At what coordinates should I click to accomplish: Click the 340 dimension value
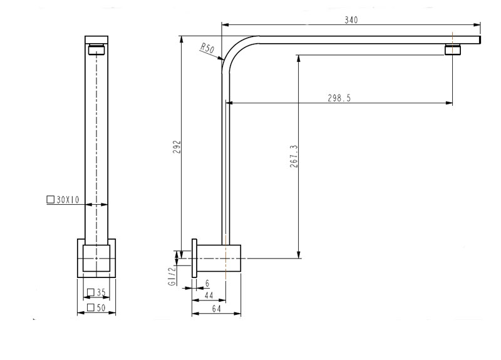351,20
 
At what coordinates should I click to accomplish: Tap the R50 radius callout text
207,48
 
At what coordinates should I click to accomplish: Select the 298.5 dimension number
339,98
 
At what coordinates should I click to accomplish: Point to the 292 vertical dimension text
177,147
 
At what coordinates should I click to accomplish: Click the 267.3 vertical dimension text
294,156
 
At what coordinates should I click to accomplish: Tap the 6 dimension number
207,284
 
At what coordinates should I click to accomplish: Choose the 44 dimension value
209,296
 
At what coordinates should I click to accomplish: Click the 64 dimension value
216,309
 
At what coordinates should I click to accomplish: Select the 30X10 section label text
68,200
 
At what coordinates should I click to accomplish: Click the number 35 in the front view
101,292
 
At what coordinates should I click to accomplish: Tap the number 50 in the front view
101,307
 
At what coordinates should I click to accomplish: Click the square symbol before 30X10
51,200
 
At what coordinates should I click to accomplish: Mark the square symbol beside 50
91,307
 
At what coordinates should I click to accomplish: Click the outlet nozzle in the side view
453,49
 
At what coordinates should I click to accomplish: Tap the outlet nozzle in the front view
96,49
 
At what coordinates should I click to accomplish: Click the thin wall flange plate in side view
194,258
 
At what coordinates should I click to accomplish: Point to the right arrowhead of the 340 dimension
477,24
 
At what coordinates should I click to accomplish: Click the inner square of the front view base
96,258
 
